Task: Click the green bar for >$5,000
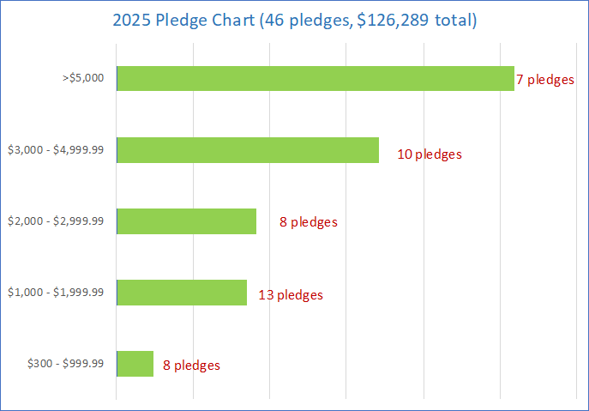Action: (x=315, y=79)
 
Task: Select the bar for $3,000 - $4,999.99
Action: (x=248, y=150)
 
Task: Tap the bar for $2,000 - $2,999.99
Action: (x=186, y=221)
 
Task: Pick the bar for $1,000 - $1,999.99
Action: (x=182, y=293)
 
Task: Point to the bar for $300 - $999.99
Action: (x=135, y=364)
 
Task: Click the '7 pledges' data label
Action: (x=545, y=80)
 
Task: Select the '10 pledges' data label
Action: (x=430, y=154)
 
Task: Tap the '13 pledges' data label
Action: (x=291, y=295)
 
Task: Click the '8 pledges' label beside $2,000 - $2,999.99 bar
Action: (x=309, y=222)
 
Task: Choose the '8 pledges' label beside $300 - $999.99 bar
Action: (x=191, y=366)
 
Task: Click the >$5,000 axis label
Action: (x=83, y=78)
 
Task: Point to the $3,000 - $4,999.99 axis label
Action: (x=56, y=149)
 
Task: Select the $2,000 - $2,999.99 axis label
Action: (x=56, y=221)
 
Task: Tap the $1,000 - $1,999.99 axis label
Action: (x=56, y=292)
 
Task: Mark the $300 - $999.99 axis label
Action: (x=66, y=363)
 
